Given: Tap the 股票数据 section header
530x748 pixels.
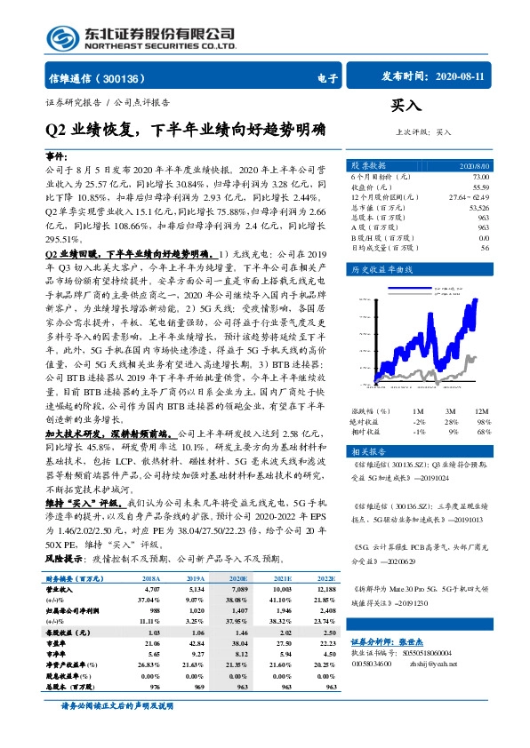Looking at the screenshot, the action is pyautogui.click(x=368, y=166).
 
